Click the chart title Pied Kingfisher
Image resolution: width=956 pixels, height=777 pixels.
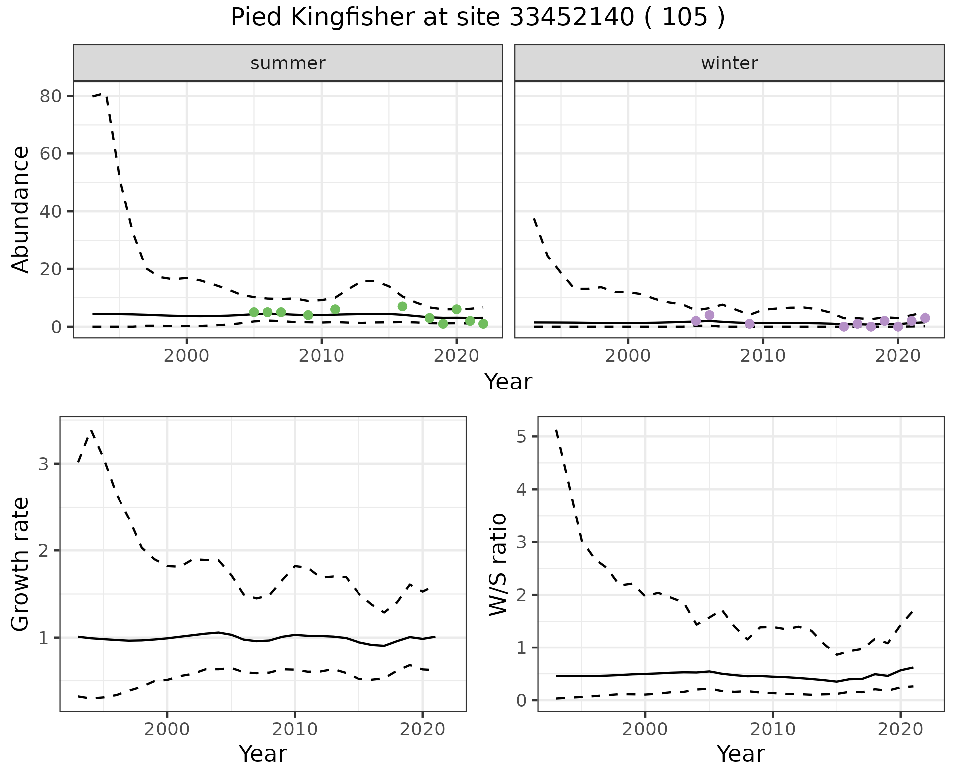click(x=477, y=18)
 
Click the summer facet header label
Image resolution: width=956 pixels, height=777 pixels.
click(x=288, y=63)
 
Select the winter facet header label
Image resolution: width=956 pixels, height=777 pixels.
click(x=729, y=63)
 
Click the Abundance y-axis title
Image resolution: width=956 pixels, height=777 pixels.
click(x=21, y=209)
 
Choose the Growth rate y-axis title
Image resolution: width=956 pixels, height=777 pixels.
click(x=21, y=564)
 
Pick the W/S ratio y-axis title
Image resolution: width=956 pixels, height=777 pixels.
click(x=498, y=564)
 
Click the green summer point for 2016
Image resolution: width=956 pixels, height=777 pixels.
click(x=402, y=306)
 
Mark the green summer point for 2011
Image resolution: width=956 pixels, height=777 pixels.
click(x=335, y=309)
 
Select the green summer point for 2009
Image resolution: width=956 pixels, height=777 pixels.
click(x=308, y=315)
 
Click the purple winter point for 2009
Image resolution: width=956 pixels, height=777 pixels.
click(x=750, y=324)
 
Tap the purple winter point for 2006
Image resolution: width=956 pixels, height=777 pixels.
click(x=710, y=315)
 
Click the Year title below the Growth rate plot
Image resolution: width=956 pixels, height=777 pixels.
click(x=263, y=754)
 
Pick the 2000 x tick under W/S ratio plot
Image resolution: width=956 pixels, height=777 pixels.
click(x=645, y=730)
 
